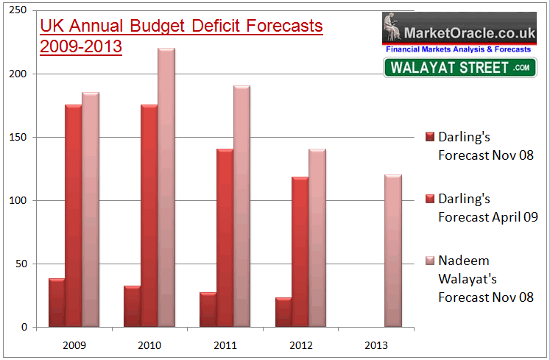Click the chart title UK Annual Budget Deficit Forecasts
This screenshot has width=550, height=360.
[x=181, y=27]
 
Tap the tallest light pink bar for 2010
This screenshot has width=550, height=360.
[x=166, y=188]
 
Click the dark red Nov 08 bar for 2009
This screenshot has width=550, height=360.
[x=56, y=303]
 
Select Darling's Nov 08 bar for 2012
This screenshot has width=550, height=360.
[x=283, y=311]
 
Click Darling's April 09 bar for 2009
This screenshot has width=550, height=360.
[x=73, y=216]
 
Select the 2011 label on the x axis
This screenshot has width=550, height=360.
[x=225, y=345]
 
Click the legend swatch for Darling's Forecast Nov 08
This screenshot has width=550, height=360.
[x=430, y=137]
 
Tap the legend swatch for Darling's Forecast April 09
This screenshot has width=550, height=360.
[x=430, y=199]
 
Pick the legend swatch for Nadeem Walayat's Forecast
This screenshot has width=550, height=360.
[x=430, y=261]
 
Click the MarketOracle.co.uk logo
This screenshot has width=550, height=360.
[x=459, y=29]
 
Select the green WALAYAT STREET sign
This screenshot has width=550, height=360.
[x=459, y=68]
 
